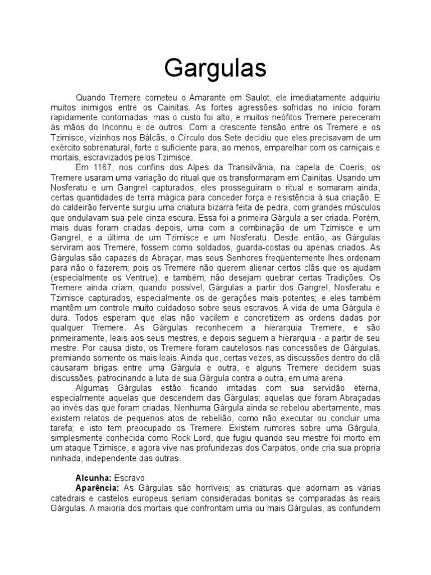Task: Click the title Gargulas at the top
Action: tap(215, 69)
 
